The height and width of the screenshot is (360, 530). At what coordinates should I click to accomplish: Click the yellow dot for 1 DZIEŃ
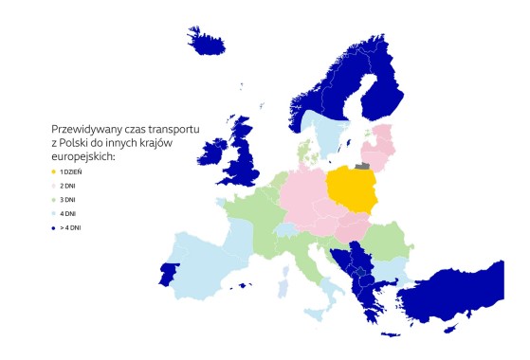tap(54, 171)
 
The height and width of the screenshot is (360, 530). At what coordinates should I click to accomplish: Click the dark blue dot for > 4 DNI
tap(54, 228)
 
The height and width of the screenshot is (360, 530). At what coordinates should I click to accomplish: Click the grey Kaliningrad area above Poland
tap(362, 163)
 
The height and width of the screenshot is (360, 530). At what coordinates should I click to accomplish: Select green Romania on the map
tap(388, 242)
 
